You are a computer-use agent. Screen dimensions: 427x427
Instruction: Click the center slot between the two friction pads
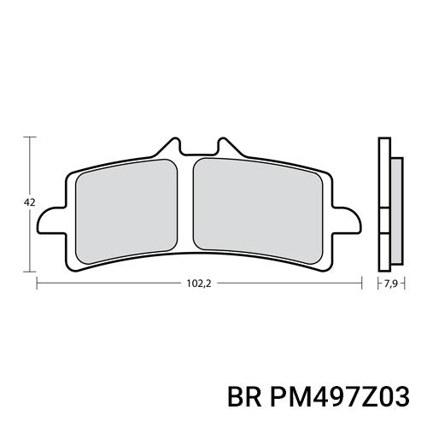(x=190, y=205)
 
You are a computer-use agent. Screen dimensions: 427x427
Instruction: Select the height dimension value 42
(x=29, y=202)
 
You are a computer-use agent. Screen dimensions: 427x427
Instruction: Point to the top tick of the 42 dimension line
(x=32, y=136)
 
